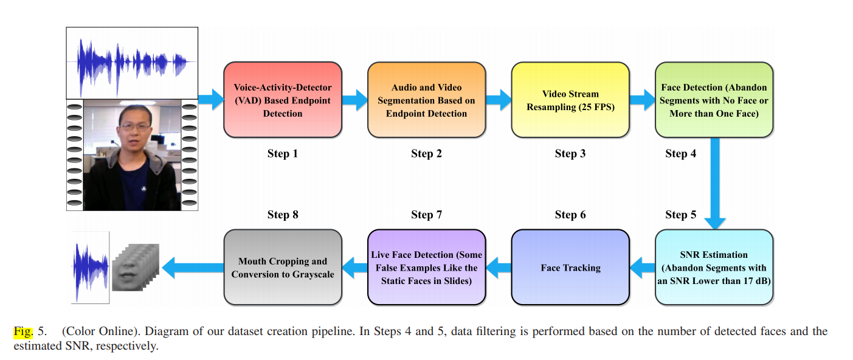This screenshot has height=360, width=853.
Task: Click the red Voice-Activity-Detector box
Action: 283,100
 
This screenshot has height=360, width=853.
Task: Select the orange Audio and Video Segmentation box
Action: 426,100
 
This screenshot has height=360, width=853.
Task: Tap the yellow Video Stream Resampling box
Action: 570,100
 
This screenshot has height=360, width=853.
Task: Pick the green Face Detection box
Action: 714,100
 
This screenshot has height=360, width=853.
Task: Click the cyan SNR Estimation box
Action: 714,268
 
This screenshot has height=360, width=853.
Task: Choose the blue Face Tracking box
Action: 570,268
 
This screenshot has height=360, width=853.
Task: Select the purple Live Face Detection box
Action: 426,268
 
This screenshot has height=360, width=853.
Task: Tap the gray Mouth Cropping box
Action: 283,268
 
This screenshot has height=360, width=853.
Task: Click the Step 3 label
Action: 570,153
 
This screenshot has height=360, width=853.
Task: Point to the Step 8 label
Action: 283,215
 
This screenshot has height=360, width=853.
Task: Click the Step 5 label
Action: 681,215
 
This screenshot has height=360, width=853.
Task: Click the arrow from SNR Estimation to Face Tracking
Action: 642,266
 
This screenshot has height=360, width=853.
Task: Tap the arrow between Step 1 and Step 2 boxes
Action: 354,99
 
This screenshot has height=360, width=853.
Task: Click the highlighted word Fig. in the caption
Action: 22,332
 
